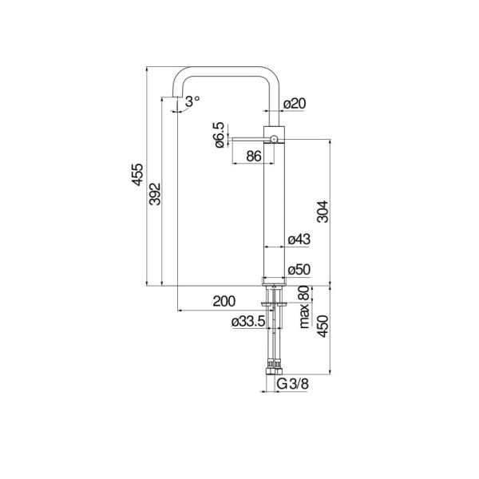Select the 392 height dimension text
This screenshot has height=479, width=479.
pyautogui.click(x=156, y=194)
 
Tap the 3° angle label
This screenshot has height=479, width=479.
pyautogui.click(x=192, y=101)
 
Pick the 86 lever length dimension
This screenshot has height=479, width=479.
pyautogui.click(x=254, y=157)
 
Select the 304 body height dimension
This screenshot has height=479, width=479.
pyautogui.click(x=323, y=210)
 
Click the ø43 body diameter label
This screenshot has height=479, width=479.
pyautogui.click(x=298, y=239)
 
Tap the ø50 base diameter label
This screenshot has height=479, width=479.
pyautogui.click(x=298, y=270)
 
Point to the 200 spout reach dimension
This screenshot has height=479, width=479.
pyautogui.click(x=224, y=301)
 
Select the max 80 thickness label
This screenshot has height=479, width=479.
pyautogui.click(x=304, y=307)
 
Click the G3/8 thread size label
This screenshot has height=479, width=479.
pyautogui.click(x=292, y=384)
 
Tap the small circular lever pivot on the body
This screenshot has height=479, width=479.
pyautogui.click(x=274, y=140)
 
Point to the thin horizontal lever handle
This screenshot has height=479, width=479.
pyautogui.click(x=247, y=140)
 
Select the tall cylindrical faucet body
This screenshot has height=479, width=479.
pyautogui.click(x=274, y=208)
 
